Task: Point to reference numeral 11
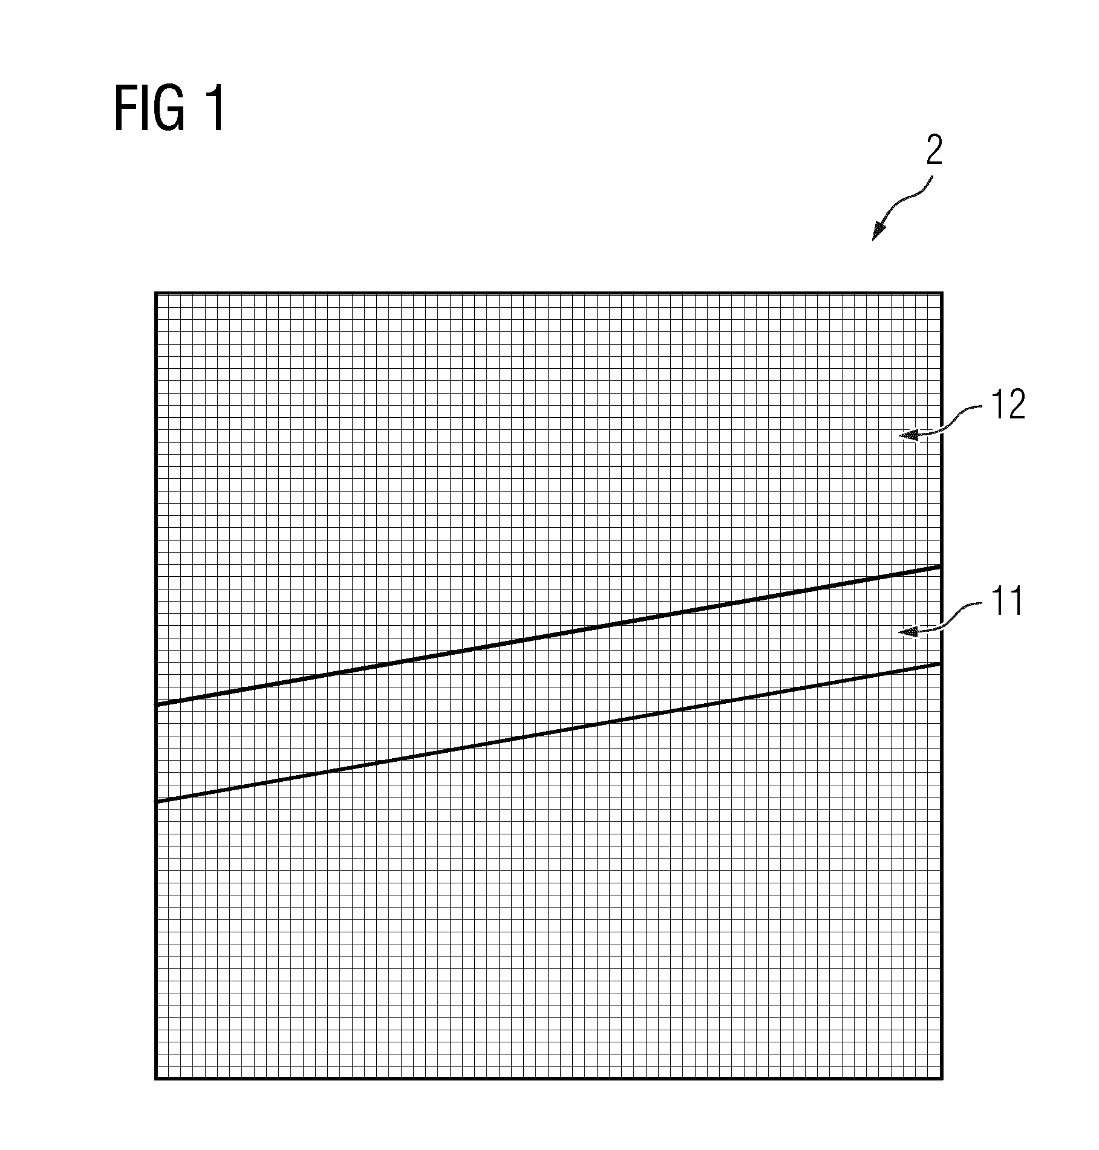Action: click(1005, 601)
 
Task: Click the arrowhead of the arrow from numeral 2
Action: click(878, 232)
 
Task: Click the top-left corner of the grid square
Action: click(156, 294)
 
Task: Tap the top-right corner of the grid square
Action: click(942, 294)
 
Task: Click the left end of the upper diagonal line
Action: click(157, 704)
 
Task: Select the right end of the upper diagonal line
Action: click(941, 566)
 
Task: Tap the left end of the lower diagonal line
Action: click(157, 802)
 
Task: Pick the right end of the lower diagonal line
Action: click(941, 663)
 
